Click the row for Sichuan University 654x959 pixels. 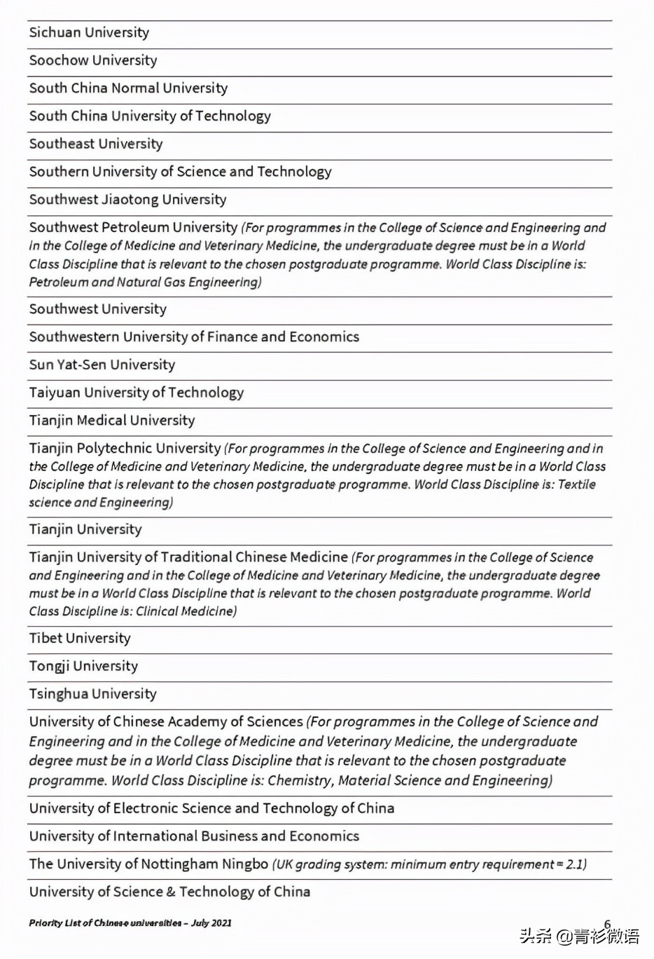pos(89,33)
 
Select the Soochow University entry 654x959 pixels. pos(93,61)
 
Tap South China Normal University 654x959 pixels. pos(128,88)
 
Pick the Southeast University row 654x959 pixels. pos(96,144)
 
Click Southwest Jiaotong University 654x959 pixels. pos(127,200)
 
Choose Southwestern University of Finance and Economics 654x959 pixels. pos(194,337)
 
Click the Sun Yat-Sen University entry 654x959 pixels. pos(102,365)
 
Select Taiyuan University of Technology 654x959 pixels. pos(137,393)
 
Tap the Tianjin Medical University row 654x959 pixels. pos(112,421)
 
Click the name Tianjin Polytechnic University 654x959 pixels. pos(125,448)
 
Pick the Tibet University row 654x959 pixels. pos(80,639)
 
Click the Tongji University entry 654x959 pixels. pos(83,666)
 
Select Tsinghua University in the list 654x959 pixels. pos(92,694)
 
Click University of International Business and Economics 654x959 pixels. pos(194,836)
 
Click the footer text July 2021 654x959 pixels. pos(211,923)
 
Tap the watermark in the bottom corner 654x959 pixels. pos(579,936)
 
